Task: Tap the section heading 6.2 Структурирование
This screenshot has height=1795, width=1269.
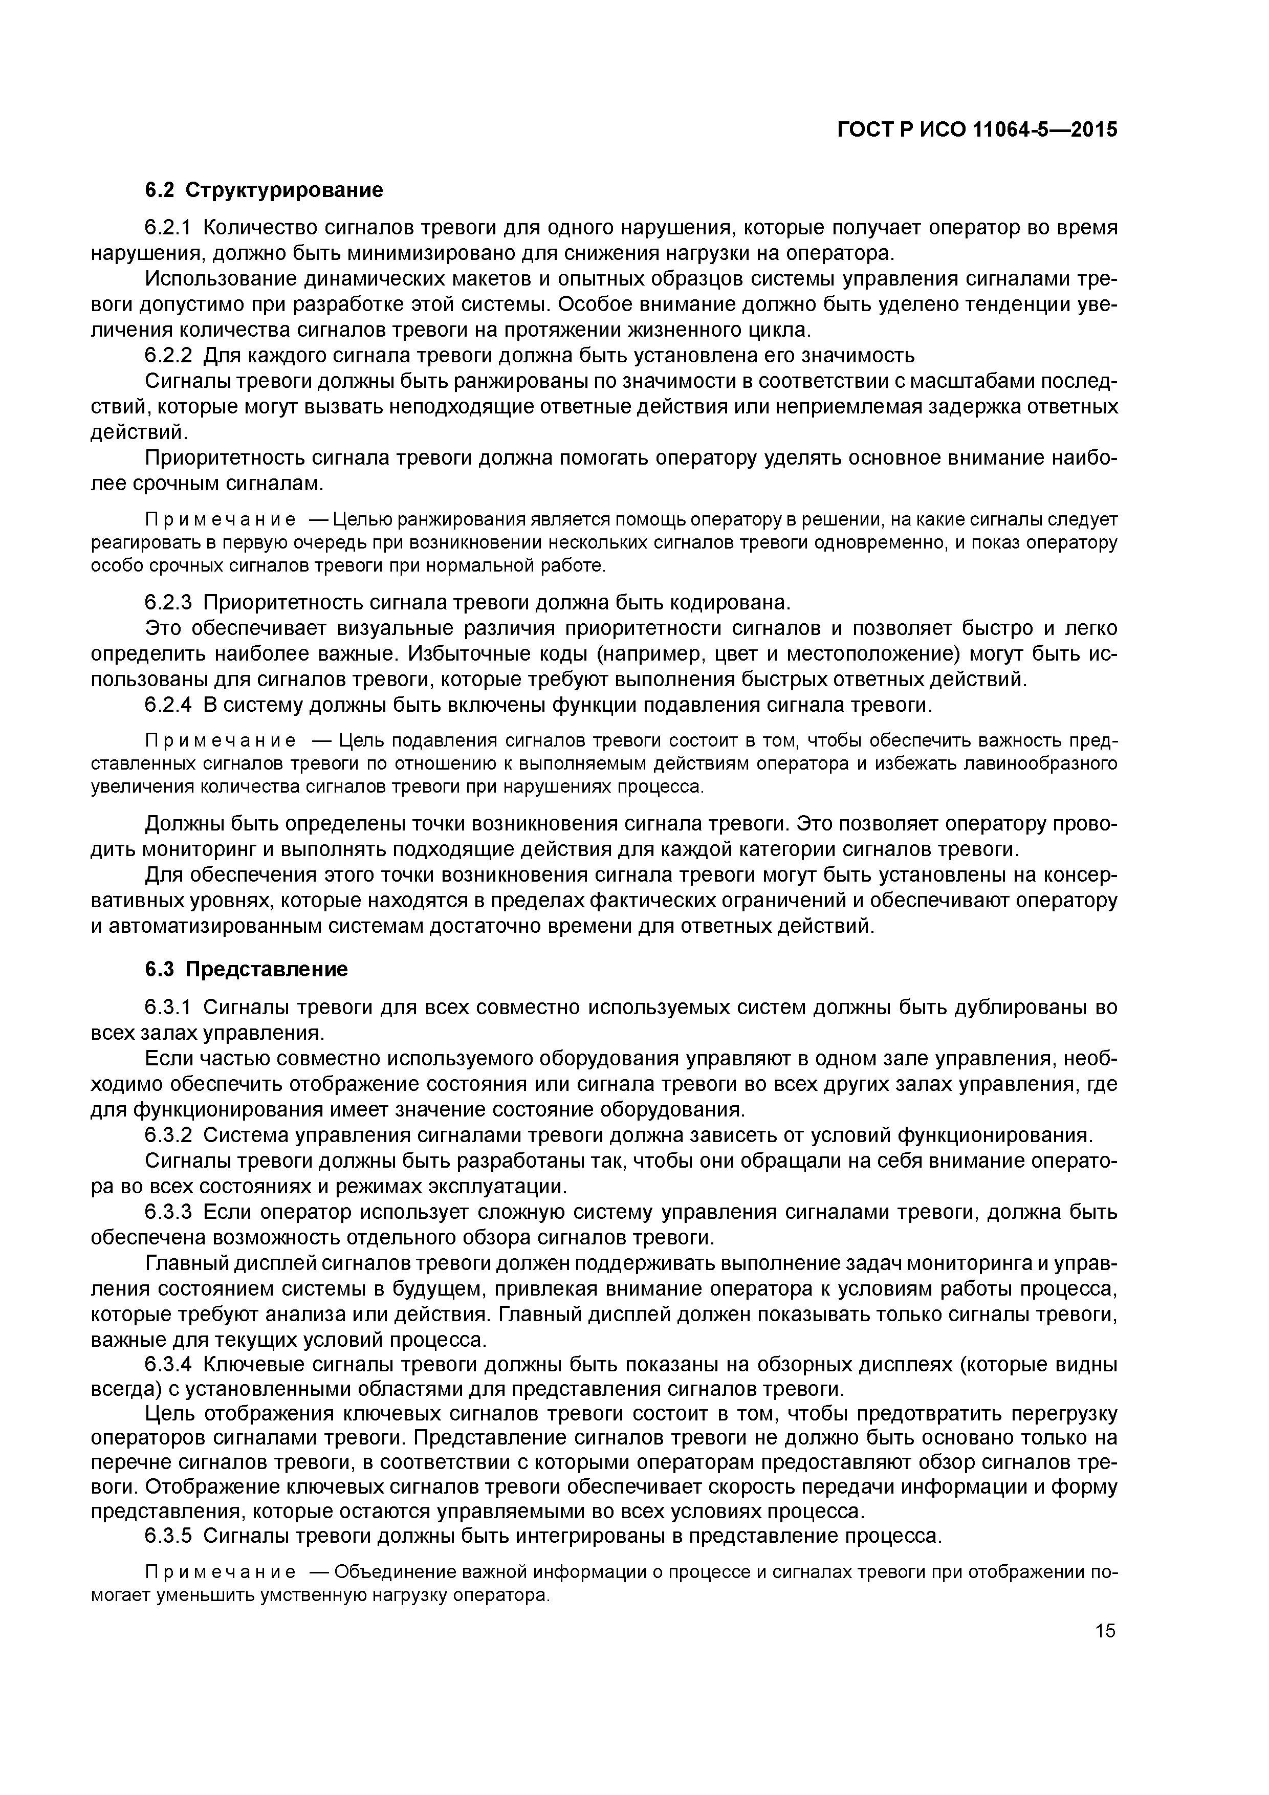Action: click(264, 190)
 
